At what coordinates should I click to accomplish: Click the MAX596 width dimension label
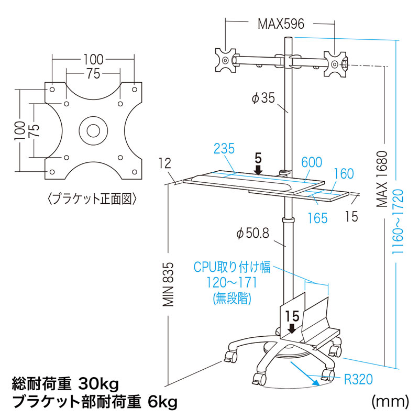click(x=281, y=24)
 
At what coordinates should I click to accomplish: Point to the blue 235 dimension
click(x=224, y=149)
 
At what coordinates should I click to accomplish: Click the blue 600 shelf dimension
click(x=312, y=163)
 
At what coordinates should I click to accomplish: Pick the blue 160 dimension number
click(x=344, y=173)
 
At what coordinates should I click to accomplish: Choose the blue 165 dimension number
click(x=317, y=217)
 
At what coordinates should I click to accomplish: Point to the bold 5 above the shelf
click(x=258, y=157)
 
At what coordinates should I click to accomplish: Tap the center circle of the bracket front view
click(x=94, y=129)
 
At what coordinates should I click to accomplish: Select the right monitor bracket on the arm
click(x=335, y=64)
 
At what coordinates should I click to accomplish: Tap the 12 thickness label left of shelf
click(x=166, y=163)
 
